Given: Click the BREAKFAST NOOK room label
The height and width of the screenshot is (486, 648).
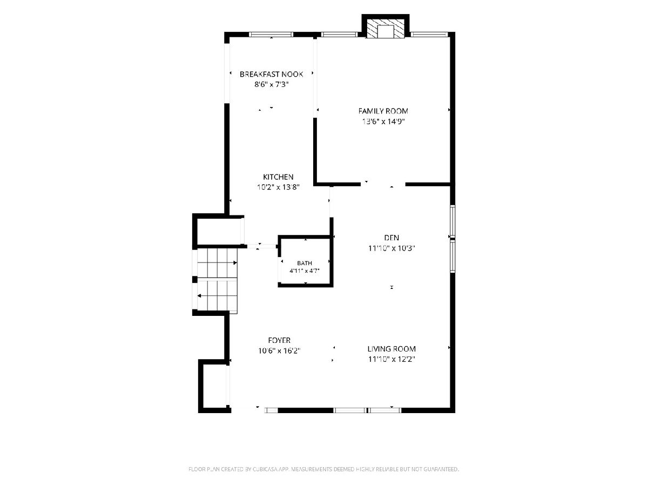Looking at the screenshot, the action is click(271, 74).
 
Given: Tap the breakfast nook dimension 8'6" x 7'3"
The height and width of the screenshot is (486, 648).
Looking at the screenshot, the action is click(271, 84).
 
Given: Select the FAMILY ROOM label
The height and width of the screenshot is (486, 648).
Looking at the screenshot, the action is click(383, 111).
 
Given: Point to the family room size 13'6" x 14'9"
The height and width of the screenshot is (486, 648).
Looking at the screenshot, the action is click(383, 122).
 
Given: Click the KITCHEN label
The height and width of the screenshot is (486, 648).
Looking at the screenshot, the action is click(278, 177).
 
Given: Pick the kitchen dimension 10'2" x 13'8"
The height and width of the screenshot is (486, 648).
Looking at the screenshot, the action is click(278, 187).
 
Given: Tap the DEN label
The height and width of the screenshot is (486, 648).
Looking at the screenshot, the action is click(391, 238).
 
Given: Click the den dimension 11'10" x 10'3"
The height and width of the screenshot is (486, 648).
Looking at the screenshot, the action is click(391, 248).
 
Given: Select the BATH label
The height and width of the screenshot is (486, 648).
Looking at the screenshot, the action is click(305, 263).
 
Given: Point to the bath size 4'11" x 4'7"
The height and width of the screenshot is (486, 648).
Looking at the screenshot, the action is click(305, 271).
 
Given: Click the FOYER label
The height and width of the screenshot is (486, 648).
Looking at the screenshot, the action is click(279, 340).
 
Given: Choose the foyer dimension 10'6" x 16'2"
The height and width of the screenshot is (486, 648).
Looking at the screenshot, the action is click(279, 351).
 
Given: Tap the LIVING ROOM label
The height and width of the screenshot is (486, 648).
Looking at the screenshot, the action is click(391, 349).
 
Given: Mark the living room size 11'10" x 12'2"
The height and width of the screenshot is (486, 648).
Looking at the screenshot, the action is click(391, 359).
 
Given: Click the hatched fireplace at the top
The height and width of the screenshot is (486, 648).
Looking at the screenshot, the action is click(385, 29).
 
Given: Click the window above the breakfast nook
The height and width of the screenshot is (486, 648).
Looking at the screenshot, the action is click(271, 35).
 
